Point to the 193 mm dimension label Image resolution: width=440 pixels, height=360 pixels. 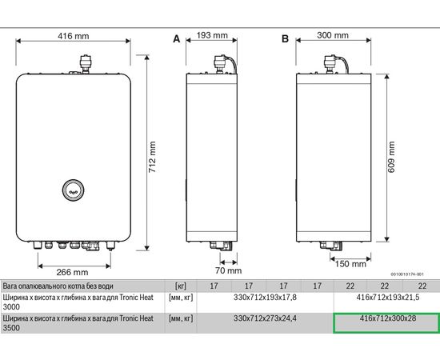[212, 36]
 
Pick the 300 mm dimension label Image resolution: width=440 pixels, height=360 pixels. [334, 36]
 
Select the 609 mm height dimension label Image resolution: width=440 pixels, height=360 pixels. [392, 152]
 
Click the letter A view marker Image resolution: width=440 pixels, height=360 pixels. [177, 38]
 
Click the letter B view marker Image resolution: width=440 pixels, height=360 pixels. [283, 38]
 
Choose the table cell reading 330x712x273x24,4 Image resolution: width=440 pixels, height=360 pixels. [264, 318]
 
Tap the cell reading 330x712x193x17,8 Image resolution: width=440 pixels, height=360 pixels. [264, 296]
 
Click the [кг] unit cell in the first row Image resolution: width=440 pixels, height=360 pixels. [180, 286]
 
